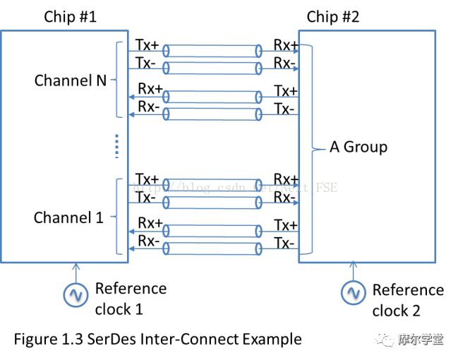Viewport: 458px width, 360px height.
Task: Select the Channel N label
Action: point(71,80)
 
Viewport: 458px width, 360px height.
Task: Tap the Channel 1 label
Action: point(68,217)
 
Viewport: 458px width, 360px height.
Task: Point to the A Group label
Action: point(358,147)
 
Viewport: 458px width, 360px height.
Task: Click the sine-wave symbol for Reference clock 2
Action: point(353,292)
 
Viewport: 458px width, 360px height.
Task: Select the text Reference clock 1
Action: point(131,299)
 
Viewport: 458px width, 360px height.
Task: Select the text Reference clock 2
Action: point(407,300)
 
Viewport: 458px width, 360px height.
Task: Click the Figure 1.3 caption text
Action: point(157,339)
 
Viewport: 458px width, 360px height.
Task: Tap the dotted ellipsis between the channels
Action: point(117,147)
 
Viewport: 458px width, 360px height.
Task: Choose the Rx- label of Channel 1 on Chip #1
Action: point(147,241)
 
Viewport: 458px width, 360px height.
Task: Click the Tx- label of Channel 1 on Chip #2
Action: point(284,243)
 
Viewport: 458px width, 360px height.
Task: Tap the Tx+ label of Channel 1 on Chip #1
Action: point(147,180)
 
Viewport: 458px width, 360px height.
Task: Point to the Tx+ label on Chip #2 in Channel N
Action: point(286,90)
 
